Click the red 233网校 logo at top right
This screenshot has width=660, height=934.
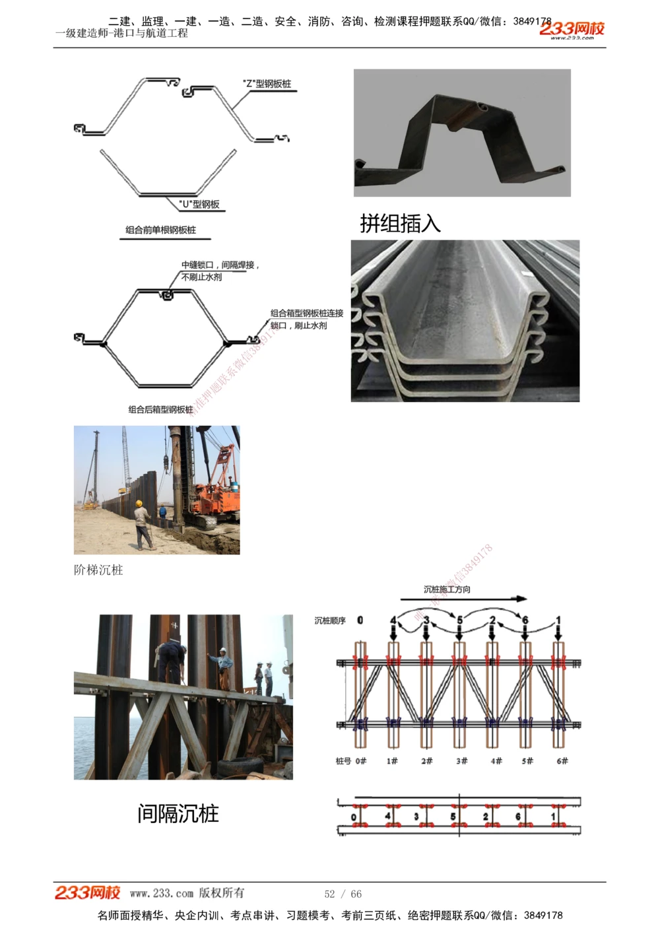pos(572,29)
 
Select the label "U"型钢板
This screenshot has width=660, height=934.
pos(200,205)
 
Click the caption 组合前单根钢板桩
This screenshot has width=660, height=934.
pos(160,230)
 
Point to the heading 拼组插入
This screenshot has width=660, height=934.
pos(400,224)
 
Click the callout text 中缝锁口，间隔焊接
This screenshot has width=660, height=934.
pos(220,265)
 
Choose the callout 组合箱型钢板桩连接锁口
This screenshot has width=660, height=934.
pos(306,314)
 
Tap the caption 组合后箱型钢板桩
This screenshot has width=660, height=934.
pos(160,410)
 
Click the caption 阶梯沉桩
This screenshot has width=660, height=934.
pos(98,570)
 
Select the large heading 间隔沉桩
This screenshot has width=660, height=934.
pos(178,813)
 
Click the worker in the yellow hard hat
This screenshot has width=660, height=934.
pos(141,525)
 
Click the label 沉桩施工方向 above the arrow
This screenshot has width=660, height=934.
pos(447,589)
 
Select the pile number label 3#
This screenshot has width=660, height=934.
pos(461,761)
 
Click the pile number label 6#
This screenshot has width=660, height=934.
pos(562,761)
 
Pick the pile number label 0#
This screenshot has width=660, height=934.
pos(360,761)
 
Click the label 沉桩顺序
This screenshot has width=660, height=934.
pos(330,620)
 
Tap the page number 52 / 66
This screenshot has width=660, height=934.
pos(343,894)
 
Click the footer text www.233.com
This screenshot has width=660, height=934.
pos(162,894)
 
